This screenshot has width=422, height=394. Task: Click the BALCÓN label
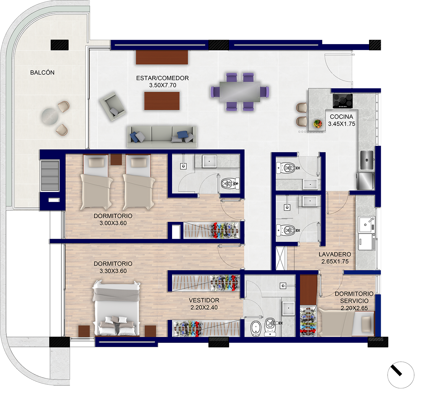point(42,73)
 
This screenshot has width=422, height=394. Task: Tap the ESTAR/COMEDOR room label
point(162,78)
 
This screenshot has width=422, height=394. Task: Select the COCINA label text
point(342,117)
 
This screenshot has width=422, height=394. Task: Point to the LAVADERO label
point(335,254)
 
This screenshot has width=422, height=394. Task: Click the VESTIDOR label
point(204,300)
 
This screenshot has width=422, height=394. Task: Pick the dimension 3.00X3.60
point(113,223)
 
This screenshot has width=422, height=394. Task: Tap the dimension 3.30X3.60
point(113,271)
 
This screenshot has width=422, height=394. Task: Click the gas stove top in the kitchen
point(343,101)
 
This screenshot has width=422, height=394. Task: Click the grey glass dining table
point(240,92)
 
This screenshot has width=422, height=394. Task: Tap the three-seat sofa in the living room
point(162,136)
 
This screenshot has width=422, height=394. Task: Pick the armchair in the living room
point(112,106)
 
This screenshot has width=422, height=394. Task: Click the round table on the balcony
point(50,116)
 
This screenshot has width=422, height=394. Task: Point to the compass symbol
point(401,375)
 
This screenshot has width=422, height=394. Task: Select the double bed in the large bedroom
point(116,308)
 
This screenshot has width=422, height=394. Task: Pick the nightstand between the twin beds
point(116,159)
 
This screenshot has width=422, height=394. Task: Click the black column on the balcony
point(59,45)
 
